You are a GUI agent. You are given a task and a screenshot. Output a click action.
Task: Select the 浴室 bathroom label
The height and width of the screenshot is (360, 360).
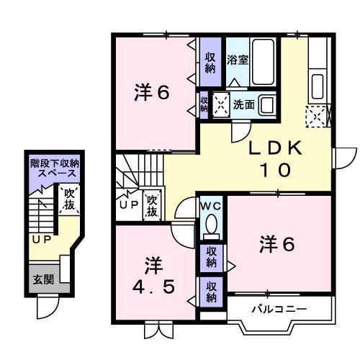coord(238,59)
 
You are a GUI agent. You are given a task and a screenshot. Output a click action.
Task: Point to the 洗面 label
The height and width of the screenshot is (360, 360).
coord(243,104)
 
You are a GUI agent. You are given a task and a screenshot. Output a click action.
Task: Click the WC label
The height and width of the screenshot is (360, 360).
coord(211,205)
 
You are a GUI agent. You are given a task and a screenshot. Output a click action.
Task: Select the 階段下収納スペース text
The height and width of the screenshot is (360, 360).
coord(54,168)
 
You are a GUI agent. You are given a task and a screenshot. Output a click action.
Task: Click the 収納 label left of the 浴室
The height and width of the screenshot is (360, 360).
coord(210,63)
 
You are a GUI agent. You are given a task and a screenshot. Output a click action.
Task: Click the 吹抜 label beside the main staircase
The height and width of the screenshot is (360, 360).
coord(152,204)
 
